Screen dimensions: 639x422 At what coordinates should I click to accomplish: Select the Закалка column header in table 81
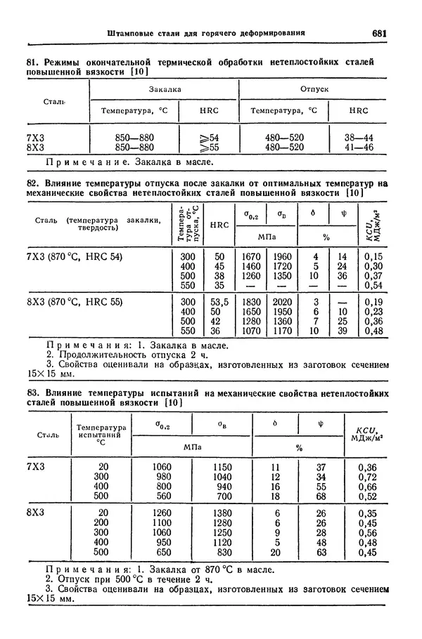click(x=165, y=90)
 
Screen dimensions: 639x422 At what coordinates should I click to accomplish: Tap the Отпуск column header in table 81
click(x=314, y=90)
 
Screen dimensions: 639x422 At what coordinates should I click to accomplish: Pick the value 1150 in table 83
click(x=224, y=466)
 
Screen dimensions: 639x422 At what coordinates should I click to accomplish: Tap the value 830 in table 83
click(x=224, y=552)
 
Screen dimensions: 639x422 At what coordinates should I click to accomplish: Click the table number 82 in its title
click(x=32, y=182)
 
